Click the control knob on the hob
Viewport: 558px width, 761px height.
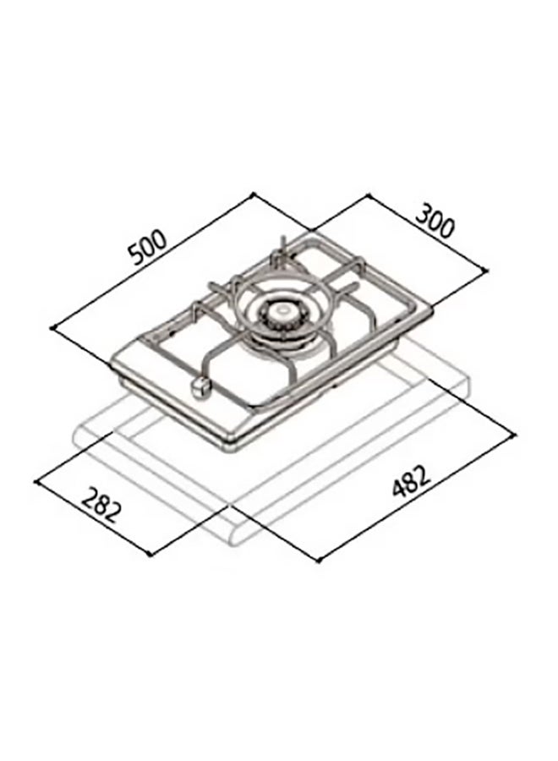tap(201, 386)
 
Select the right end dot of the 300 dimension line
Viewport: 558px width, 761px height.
tap(488, 270)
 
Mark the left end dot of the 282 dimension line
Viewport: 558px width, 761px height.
tap(35, 484)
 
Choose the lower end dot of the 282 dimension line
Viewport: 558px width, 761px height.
tap(150, 554)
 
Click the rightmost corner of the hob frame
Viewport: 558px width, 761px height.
tap(435, 310)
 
